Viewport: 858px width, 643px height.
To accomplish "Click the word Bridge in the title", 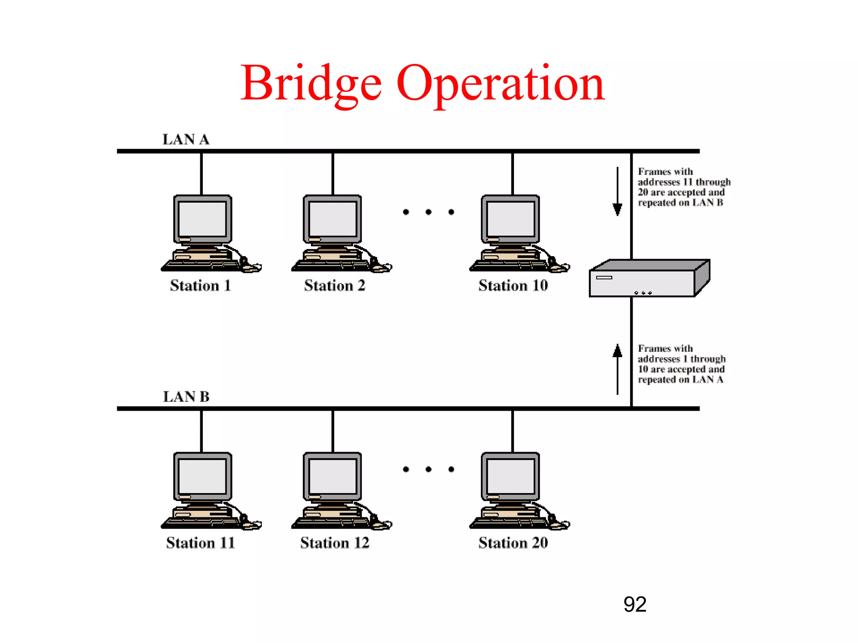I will [x=311, y=84].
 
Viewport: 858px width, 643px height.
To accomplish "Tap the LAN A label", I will [x=186, y=139].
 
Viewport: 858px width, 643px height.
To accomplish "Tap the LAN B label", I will [x=186, y=396].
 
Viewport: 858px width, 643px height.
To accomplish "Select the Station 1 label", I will [x=200, y=285].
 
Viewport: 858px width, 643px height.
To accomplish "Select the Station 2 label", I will [x=334, y=285].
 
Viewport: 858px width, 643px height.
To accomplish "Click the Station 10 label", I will [x=513, y=285].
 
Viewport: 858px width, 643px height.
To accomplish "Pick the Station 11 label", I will [x=200, y=543].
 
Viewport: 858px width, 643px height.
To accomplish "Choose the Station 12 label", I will [x=334, y=543].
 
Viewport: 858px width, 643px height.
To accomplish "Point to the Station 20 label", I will [x=513, y=543].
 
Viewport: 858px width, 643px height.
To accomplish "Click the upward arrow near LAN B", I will [x=617, y=368].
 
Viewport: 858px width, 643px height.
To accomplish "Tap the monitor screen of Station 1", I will [x=202, y=219].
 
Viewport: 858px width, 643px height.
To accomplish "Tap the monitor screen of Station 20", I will [x=511, y=476].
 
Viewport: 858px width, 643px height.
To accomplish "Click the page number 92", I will [x=634, y=604].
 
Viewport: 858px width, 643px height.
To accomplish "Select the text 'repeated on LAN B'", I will [x=680, y=203].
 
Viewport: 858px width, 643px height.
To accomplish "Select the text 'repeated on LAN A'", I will [x=680, y=380].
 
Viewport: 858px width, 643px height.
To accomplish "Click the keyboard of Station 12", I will [x=331, y=522].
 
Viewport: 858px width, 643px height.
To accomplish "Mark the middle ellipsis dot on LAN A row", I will [x=428, y=212].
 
